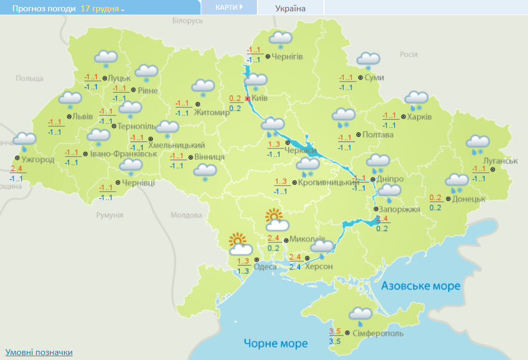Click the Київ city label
260,99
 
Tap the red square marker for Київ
247,99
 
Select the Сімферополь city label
377,334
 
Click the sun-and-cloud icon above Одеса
239,244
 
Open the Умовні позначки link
39,352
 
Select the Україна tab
290,8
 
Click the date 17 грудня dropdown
102,9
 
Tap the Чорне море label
275,343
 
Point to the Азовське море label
421,286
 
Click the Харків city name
419,117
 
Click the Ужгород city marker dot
17,158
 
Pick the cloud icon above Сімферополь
360,314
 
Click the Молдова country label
186,215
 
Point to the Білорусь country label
187,20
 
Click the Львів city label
83,117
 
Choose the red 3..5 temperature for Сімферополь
335,331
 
